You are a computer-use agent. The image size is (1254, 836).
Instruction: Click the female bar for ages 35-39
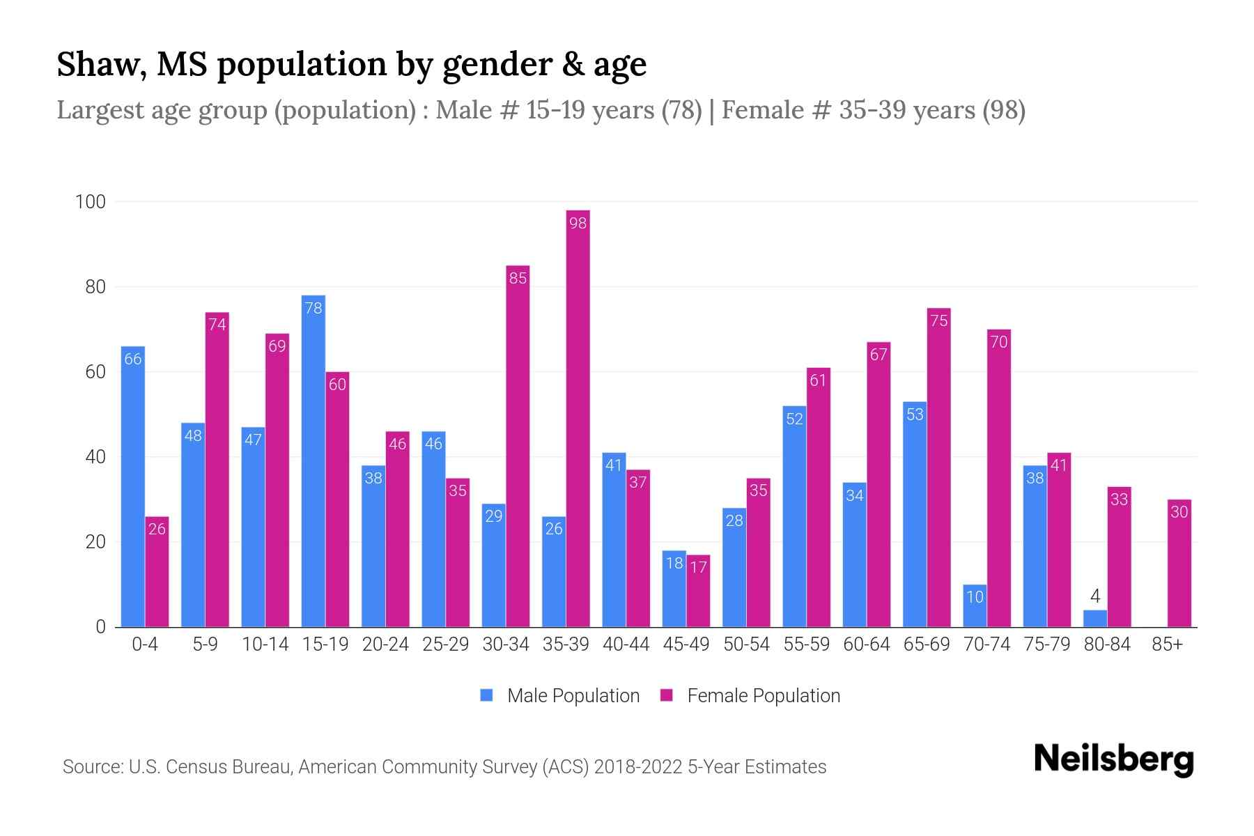tap(578, 418)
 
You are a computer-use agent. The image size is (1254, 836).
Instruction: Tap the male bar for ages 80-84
tap(1094, 619)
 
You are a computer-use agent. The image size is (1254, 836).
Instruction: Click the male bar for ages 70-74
tap(975, 605)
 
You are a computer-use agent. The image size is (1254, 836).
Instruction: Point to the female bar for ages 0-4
tap(157, 571)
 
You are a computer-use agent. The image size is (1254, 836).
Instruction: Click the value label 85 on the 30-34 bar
tap(518, 278)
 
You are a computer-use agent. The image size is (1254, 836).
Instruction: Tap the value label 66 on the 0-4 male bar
tap(133, 359)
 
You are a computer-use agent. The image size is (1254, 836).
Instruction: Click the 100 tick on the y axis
tap(90, 202)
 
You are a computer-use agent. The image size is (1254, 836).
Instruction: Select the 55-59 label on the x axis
tap(806, 644)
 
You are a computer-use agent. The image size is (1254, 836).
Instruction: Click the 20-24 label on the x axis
tap(385, 644)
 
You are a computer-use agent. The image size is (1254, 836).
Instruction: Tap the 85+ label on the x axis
tap(1167, 644)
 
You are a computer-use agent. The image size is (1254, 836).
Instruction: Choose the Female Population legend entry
tap(750, 695)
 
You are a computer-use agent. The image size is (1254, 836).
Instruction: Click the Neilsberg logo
tap(1113, 759)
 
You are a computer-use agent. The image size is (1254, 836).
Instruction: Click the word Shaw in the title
tap(100, 65)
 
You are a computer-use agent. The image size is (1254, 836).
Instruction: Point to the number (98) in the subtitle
tap(1003, 110)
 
